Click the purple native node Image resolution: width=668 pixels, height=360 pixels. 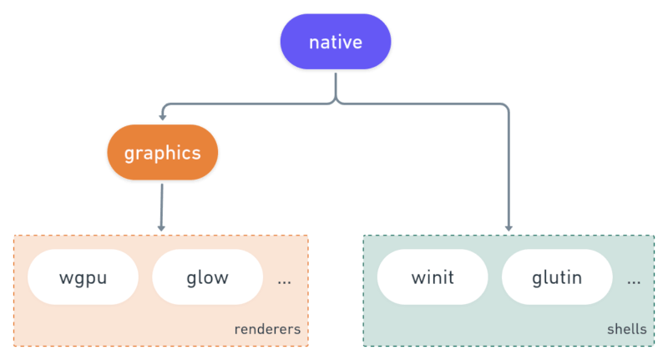point(336,41)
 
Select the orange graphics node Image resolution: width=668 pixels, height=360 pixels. point(162,152)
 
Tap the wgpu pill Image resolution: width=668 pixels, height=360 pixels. point(83,277)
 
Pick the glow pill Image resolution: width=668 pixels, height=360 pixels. point(207,277)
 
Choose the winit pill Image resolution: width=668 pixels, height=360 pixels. point(433,277)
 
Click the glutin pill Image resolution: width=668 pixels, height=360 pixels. point(557,277)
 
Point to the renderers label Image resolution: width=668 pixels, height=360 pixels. point(267,329)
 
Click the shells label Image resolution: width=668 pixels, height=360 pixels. point(627,329)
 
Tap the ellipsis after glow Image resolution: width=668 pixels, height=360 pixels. point(284,282)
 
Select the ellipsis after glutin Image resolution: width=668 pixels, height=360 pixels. point(634,282)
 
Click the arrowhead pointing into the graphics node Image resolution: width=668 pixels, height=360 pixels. point(162,117)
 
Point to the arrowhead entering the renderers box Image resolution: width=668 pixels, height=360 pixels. point(161,228)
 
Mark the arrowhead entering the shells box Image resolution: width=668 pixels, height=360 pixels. point(509,228)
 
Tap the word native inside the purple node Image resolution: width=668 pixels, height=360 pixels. point(336,42)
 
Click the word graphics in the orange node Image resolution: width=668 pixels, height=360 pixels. point(162,154)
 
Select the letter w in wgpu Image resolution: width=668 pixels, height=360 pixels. point(66,279)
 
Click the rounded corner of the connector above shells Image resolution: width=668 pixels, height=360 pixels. point(505,107)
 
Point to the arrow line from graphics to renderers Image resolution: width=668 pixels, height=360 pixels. point(161,207)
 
